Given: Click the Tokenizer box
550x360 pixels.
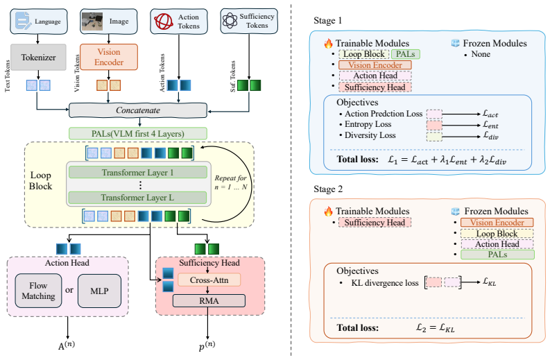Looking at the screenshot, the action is pos(38,57).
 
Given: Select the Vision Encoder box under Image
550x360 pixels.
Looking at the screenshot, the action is pos(109,57).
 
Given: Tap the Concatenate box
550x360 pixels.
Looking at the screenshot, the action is pos(138,110).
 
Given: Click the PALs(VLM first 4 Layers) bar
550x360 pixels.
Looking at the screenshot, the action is pos(138,134).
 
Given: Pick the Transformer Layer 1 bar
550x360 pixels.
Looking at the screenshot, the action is pos(137,173).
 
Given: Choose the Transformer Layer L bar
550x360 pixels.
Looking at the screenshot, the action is pos(137,198).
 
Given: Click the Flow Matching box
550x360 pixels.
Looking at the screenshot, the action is pos(38,291).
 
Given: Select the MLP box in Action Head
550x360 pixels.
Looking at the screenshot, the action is pos(99,291).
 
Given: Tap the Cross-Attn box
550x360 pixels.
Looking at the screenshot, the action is pos(209,280).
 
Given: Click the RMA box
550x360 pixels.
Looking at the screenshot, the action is pos(209,301).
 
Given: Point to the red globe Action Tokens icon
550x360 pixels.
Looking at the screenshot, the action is pos(164,22).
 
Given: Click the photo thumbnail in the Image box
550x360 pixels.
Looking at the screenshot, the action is pos(92,22).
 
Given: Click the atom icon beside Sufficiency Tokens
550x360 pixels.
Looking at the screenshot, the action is pos(230,20).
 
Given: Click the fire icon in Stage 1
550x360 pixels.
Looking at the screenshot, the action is pos(328,43).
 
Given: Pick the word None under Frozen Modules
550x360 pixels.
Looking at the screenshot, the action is pos(481,54).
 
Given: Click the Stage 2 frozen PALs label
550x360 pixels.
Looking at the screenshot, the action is pos(497,255).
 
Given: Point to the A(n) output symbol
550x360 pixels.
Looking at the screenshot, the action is pos(67,345).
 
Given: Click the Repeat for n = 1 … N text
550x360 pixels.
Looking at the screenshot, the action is pos(231,182).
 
